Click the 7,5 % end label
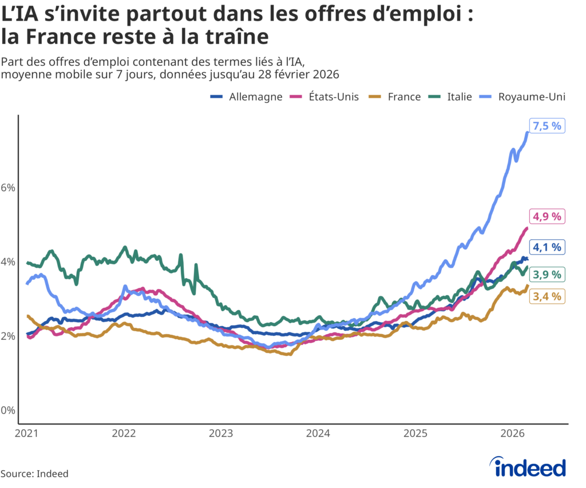pyautogui.click(x=547, y=126)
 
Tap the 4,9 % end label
pyautogui.click(x=547, y=216)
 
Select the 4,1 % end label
pyautogui.click(x=547, y=247)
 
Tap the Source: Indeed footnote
pyautogui.click(x=34, y=474)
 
